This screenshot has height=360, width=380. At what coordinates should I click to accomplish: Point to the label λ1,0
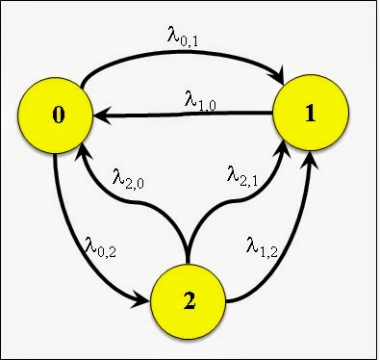pyautogui.click(x=202, y=97)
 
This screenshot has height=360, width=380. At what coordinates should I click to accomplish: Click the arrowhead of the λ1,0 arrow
pyautogui.click(x=100, y=116)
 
